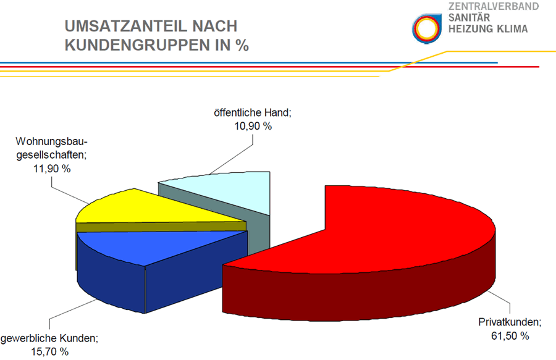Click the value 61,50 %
tap(510, 336)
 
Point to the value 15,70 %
tap(49, 352)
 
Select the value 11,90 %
tap(52, 169)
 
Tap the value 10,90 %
tap(253, 126)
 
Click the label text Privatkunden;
tap(510, 322)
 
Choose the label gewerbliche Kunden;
tap(49, 338)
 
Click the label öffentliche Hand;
tap(253, 112)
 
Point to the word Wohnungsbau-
tap(51, 141)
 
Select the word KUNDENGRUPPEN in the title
tap(137, 45)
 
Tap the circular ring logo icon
tap(426, 28)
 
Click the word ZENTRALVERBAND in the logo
tap(494, 6)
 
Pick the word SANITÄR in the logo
tap(469, 17)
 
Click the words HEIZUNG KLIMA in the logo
tap(488, 28)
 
